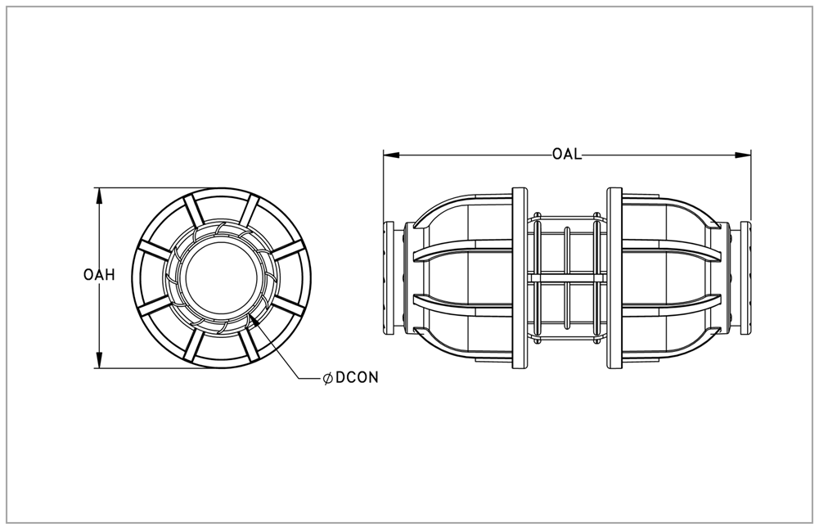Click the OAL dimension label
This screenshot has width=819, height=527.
tap(567, 155)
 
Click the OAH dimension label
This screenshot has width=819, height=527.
tap(99, 275)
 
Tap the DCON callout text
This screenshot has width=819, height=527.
tap(357, 377)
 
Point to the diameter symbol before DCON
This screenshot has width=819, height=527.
tap(328, 378)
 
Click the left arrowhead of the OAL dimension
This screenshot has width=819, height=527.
tap(391, 155)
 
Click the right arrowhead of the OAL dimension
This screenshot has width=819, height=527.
tap(743, 155)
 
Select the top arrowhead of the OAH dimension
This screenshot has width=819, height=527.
tap(99, 196)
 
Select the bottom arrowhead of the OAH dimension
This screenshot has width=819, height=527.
tap(99, 360)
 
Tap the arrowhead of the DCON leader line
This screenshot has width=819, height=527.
tap(255, 320)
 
